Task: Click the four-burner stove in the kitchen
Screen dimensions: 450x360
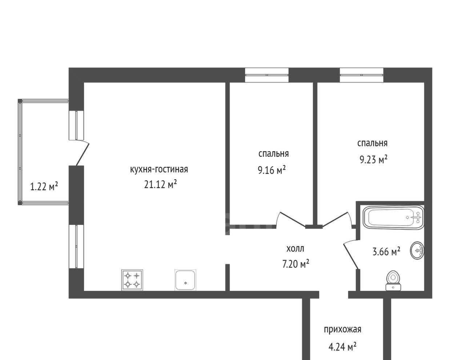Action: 132,280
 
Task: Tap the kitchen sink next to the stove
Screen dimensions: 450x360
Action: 185,280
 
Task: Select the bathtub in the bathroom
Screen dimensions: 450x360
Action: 393,217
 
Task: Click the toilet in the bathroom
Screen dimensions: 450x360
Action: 393,280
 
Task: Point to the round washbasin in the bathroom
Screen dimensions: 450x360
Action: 417,250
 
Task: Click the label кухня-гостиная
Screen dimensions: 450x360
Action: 159,169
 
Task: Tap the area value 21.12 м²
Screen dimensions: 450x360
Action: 160,184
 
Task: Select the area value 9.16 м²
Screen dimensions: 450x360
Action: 271,170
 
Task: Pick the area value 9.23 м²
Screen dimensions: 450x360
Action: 373,160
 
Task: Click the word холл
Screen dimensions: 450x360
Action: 295,249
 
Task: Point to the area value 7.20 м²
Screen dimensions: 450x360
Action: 295,264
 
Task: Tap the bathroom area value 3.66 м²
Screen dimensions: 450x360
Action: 386,251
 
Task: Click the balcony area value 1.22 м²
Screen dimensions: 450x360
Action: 44,186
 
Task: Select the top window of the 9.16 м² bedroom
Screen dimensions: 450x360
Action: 267,75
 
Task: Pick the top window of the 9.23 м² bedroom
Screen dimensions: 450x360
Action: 361,75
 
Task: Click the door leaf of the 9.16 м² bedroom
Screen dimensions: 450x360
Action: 292,219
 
